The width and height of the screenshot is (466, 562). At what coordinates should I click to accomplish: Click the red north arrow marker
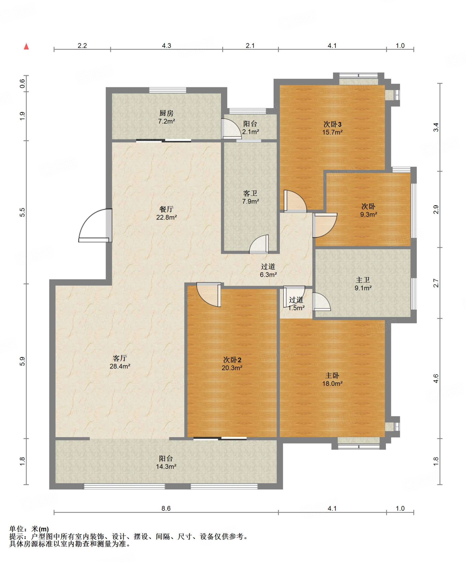(x=26, y=46)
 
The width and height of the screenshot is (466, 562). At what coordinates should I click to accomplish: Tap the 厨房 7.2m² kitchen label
(x=167, y=117)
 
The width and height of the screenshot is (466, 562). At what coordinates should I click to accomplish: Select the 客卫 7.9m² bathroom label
(x=250, y=197)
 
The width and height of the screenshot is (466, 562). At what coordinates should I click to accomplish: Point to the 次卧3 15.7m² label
(x=332, y=128)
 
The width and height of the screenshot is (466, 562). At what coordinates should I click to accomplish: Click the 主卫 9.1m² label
(x=363, y=284)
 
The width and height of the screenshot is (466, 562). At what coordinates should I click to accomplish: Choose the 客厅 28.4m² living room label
(x=120, y=362)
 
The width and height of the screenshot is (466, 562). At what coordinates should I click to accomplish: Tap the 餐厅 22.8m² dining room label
(x=167, y=213)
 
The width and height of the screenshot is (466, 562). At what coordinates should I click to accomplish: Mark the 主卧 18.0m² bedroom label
(x=332, y=379)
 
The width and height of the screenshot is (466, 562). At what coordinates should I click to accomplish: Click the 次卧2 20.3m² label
(x=232, y=364)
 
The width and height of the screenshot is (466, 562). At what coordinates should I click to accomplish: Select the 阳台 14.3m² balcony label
(x=166, y=462)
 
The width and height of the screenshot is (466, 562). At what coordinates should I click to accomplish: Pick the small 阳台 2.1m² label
(x=250, y=128)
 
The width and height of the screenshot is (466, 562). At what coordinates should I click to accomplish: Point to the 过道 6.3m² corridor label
(x=268, y=270)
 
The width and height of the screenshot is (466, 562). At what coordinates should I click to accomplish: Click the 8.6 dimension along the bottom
(x=166, y=508)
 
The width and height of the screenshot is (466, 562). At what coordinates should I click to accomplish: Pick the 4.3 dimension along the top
(x=167, y=46)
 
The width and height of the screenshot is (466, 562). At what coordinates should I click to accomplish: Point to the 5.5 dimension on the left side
(x=22, y=212)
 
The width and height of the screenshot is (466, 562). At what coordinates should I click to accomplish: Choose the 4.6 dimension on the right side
(x=436, y=378)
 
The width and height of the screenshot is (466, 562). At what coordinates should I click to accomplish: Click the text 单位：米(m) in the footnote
(x=29, y=529)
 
